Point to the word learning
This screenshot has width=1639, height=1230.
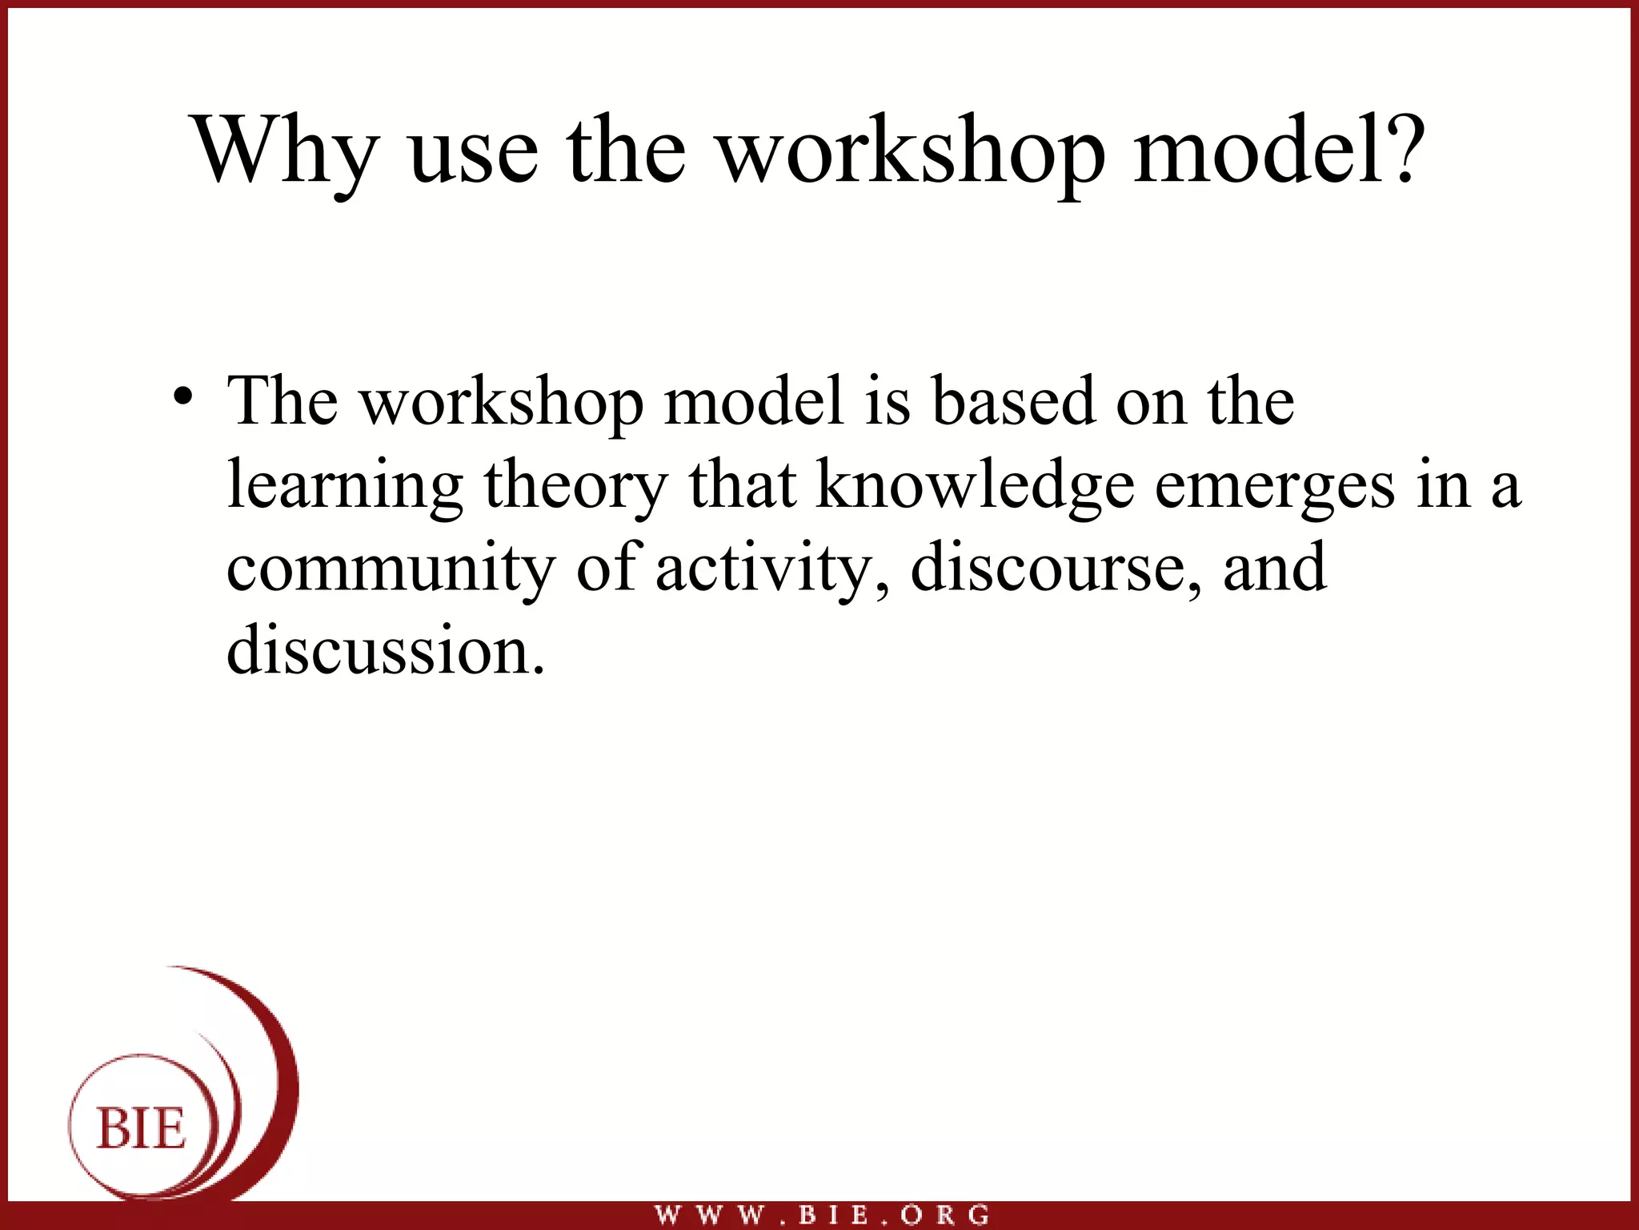click(345, 487)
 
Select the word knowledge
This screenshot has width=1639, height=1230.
click(975, 487)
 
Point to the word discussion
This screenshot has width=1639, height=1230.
click(385, 650)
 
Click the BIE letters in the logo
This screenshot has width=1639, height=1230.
click(142, 1129)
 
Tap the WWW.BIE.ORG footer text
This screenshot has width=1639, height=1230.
click(822, 1215)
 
